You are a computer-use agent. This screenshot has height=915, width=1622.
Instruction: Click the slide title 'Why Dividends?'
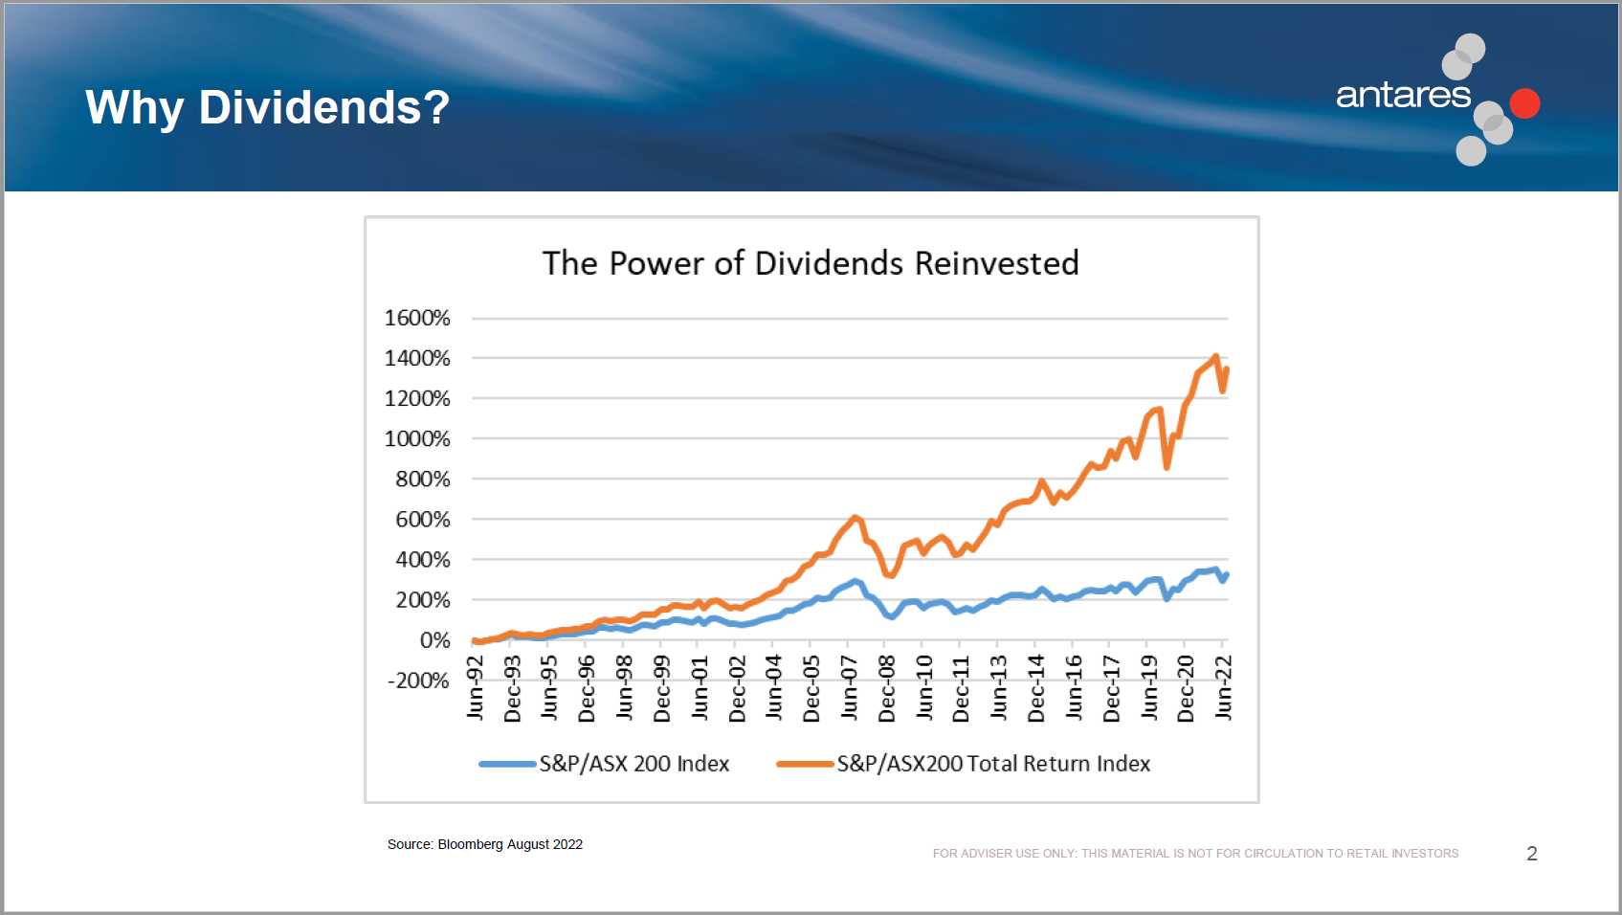267,107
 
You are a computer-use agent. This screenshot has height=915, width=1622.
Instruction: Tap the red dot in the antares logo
1524,103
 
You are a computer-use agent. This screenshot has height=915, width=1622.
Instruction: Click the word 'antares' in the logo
1403,95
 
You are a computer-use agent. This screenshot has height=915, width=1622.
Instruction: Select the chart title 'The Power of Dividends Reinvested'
811,263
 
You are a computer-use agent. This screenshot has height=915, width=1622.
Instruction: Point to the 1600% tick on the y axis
417,318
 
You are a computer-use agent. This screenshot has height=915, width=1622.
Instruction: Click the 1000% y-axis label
417,438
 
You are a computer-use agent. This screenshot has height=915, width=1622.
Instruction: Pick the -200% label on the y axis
418,681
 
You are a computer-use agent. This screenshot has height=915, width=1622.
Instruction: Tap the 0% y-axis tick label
434,640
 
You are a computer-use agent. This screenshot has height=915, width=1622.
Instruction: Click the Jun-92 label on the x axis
476,687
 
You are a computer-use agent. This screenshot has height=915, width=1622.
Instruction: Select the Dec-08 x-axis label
887,688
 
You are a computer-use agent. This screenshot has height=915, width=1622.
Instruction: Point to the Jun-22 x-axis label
1224,687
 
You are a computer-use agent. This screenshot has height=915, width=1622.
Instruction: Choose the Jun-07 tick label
850,687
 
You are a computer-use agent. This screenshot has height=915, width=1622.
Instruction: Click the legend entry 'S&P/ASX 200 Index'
633,764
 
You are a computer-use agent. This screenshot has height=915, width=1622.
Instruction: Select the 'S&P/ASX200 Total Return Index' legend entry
993,764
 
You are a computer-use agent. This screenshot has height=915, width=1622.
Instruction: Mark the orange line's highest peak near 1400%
1216,357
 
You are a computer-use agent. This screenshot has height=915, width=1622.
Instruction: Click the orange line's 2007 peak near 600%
855,518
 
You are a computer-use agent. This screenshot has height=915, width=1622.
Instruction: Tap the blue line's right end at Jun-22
1227,574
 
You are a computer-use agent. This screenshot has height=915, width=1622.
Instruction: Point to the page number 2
1532,854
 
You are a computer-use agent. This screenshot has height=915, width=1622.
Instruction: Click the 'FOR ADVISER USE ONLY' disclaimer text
1195,854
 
